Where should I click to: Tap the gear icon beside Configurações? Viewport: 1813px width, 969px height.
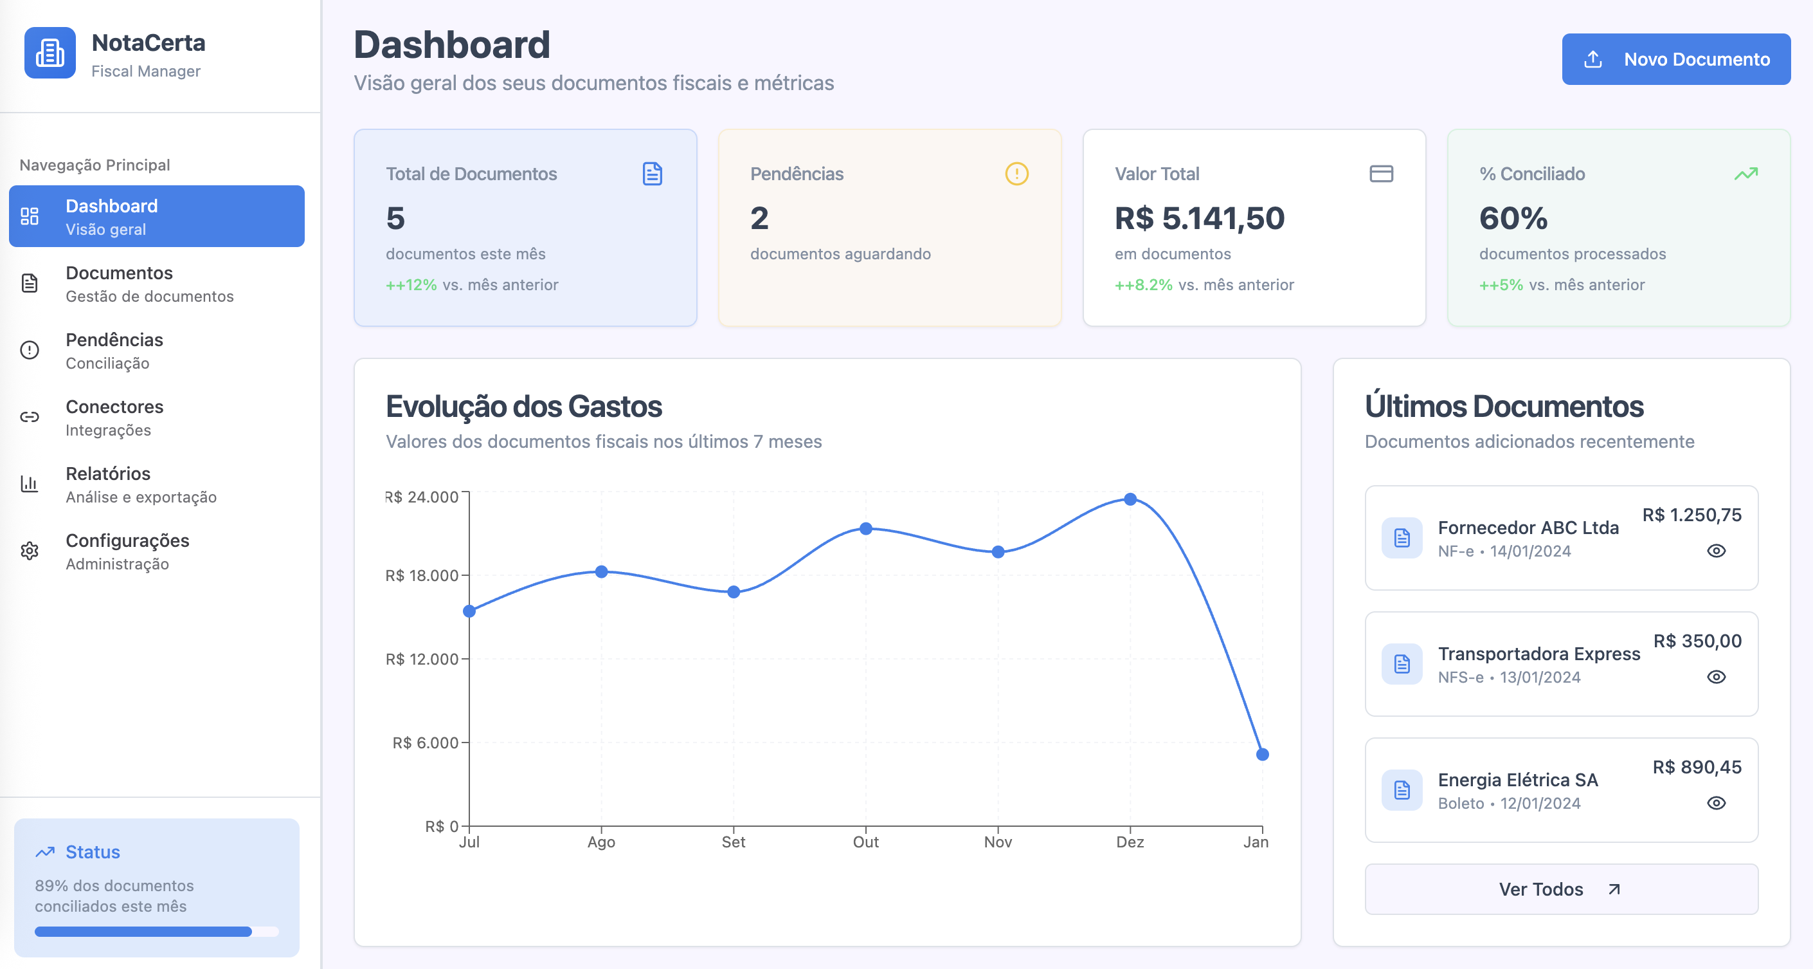30,551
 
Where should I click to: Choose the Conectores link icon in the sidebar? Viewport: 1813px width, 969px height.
30,417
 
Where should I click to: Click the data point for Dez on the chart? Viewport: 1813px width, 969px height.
1130,499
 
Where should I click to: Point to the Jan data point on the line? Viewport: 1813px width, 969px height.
1263,755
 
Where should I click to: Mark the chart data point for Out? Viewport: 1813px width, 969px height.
866,529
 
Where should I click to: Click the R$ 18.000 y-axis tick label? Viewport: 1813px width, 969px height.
422,576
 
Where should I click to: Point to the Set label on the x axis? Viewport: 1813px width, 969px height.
734,842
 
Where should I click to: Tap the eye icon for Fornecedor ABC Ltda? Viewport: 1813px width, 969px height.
1716,551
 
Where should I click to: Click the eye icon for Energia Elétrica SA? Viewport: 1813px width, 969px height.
1716,803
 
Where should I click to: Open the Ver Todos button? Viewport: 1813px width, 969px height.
1561,889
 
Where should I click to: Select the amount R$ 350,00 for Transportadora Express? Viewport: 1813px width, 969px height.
1697,641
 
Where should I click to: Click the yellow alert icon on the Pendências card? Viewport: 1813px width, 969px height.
1016,174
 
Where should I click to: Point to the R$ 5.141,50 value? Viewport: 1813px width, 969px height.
1199,218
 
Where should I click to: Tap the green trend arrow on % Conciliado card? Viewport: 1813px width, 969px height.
1745,174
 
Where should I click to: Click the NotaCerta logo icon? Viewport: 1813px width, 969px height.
50,53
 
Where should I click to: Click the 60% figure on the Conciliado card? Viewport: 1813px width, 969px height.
1513,218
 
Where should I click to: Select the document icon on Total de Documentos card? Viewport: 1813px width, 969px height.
653,174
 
